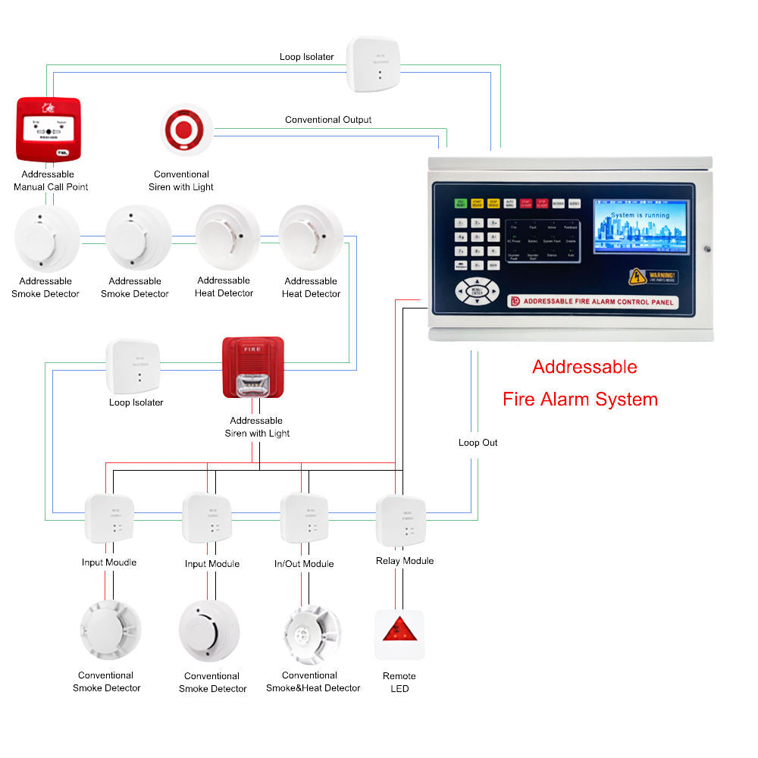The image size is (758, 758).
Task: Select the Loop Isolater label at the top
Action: [306, 57]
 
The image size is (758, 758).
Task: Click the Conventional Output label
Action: [328, 120]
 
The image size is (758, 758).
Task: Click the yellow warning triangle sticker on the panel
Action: [637, 277]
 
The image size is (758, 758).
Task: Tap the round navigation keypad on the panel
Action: [478, 290]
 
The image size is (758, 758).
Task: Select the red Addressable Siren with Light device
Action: [252, 368]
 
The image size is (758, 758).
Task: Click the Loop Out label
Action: [478, 443]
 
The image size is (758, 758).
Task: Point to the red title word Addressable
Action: [584, 367]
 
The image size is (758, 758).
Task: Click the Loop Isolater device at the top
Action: [373, 65]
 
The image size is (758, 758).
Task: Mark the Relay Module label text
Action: [405, 561]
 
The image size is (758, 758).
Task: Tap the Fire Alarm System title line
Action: [580, 399]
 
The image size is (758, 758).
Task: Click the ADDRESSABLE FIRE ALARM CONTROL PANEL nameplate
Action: [591, 302]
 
